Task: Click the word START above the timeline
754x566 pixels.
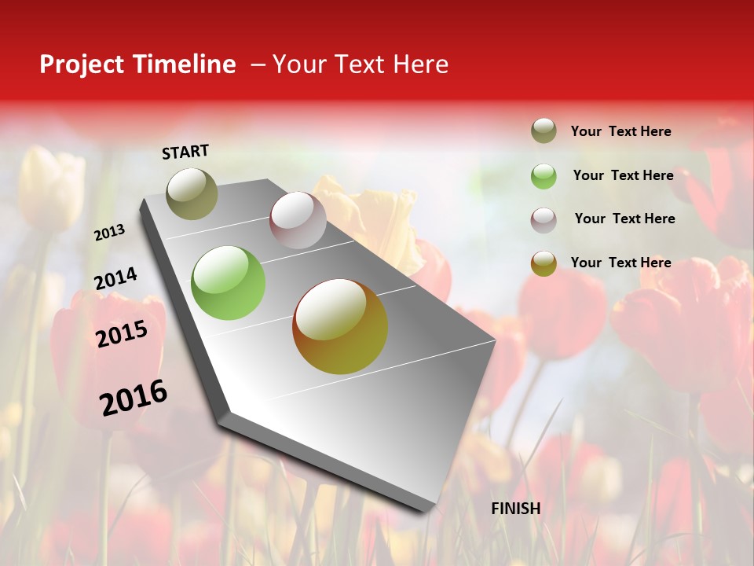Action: [185, 152]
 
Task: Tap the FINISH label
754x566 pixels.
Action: [516, 509]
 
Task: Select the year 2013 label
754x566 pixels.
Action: [110, 233]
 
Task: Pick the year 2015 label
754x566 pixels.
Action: [122, 334]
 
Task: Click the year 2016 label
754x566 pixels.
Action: [134, 398]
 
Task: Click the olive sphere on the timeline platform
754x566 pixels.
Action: [192, 193]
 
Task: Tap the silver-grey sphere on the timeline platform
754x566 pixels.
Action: [298, 220]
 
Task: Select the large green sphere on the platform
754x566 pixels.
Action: [228, 283]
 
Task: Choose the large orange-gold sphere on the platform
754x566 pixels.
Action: [340, 326]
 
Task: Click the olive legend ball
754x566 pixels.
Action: [544, 131]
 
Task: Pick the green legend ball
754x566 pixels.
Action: [544, 175]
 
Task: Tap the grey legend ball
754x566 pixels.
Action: [544, 219]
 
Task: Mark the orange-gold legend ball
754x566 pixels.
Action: [544, 263]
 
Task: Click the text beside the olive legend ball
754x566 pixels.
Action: [621, 131]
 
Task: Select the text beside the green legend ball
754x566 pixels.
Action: [623, 175]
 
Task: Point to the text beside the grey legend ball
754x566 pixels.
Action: [624, 219]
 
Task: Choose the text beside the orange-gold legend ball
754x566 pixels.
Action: [621, 263]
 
